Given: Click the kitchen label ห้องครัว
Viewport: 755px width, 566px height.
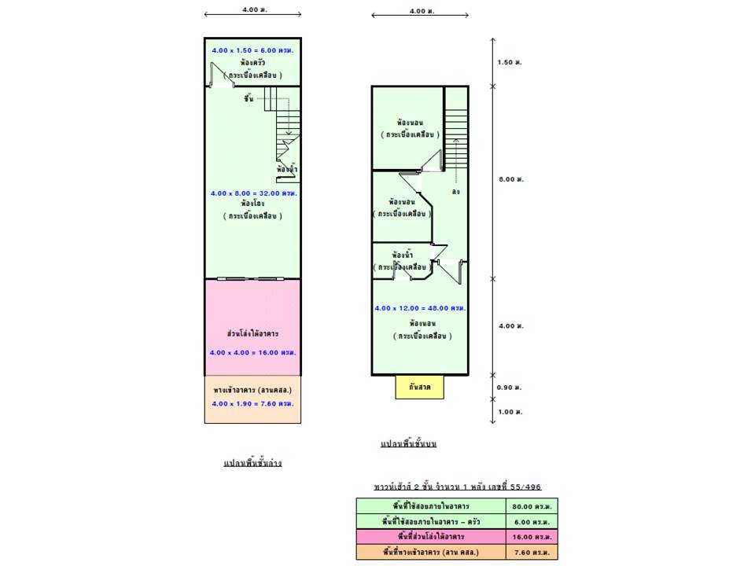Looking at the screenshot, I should [252, 61].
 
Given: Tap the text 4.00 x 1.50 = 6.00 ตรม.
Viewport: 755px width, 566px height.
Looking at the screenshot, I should [252, 50].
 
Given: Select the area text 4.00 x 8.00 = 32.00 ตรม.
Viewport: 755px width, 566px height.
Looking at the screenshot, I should [253, 193].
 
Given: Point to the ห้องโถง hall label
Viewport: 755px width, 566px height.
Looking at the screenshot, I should [253, 204].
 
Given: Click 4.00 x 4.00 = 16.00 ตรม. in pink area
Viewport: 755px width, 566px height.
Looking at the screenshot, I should [252, 352].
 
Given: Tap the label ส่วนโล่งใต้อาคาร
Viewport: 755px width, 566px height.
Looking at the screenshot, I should [252, 333].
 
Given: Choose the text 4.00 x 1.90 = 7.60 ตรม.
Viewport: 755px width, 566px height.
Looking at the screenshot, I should [252, 403].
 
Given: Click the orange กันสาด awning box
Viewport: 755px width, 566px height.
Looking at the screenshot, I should [419, 388].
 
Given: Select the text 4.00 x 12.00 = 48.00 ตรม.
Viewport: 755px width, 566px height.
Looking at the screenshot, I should [420, 307].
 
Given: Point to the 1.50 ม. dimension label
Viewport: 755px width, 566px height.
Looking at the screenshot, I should [510, 62].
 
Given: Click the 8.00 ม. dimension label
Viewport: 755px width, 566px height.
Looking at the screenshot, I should [510, 179].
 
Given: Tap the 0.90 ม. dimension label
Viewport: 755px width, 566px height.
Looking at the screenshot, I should [510, 388].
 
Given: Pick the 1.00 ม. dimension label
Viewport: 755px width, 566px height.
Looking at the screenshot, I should [510, 412].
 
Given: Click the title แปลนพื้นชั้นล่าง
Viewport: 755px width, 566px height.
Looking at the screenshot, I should [252, 463].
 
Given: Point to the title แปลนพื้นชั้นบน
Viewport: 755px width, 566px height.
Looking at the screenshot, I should [408, 444].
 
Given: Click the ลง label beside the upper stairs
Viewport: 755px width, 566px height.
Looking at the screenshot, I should [456, 191].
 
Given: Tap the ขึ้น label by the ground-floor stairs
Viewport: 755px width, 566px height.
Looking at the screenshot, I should [249, 97].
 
